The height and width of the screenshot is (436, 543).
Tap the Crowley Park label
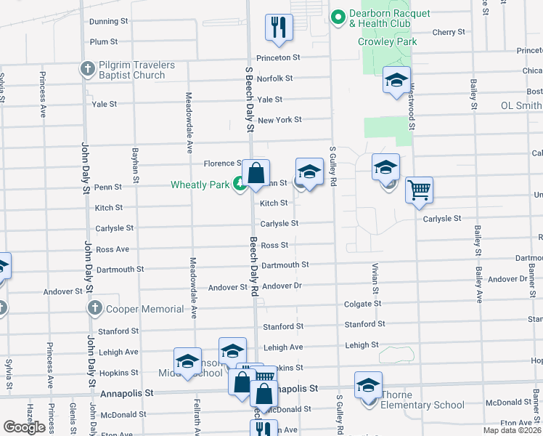tap(388, 42)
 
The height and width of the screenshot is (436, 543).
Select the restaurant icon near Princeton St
tap(279, 28)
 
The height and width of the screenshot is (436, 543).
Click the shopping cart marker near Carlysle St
tap(419, 191)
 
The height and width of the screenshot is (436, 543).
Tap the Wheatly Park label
tap(200, 185)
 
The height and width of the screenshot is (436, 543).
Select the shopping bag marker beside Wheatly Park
tap(256, 174)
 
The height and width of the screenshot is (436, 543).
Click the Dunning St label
tap(108, 22)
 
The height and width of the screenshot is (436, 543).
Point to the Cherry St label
tap(448, 33)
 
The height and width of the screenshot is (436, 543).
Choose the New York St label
tap(279, 120)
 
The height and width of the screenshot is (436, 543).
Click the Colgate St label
tap(362, 304)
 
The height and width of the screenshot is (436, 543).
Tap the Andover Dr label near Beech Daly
tap(282, 286)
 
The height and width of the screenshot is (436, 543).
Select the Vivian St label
tap(375, 279)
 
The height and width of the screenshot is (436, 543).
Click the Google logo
tap(24, 427)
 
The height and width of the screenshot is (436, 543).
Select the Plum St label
tap(104, 42)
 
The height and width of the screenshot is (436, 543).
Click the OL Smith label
tap(521, 105)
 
